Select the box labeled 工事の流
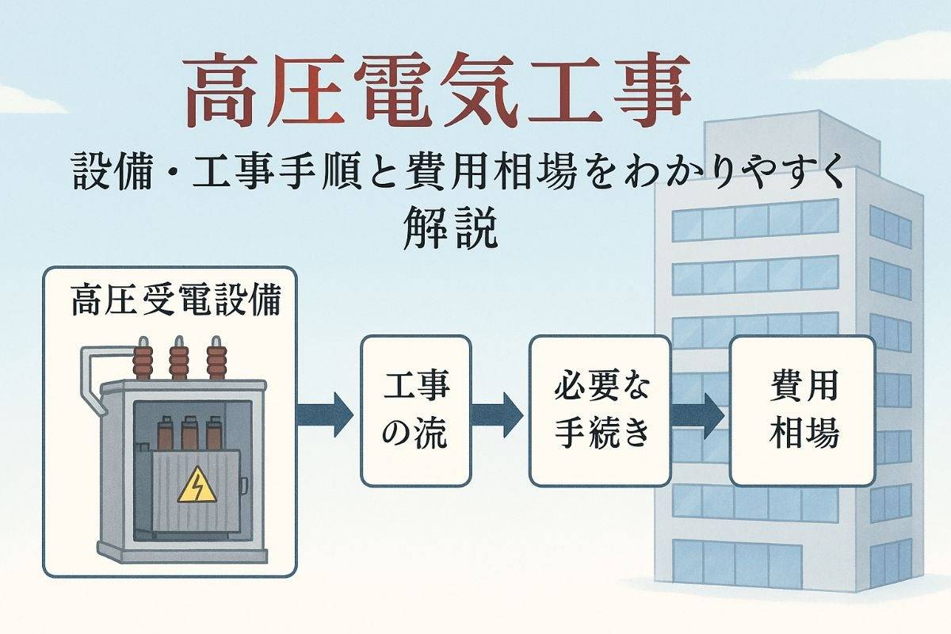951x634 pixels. click(x=416, y=410)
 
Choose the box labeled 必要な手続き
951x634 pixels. click(x=600, y=410)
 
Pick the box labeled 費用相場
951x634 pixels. click(x=802, y=410)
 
